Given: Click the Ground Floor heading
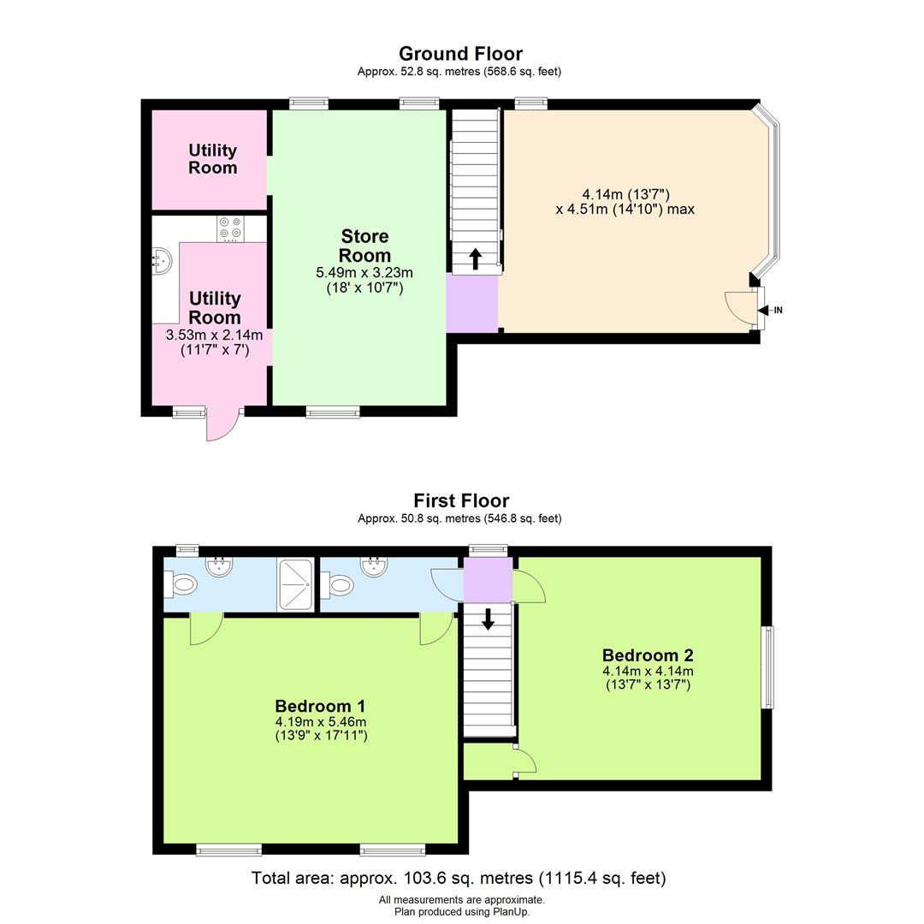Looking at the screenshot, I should tap(460, 55).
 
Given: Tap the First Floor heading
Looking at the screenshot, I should tap(461, 501).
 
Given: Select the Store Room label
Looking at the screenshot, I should tap(364, 246).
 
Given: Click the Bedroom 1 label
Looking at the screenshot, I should tap(320, 706).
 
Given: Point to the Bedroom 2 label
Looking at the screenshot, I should tap(648, 656).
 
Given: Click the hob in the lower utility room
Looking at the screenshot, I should tap(230, 228).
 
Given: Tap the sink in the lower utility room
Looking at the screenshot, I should tap(163, 258).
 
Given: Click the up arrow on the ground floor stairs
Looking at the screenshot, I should tap(476, 258).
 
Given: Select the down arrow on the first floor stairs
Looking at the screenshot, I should tap(488, 619).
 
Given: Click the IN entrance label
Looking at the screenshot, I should tap(778, 311).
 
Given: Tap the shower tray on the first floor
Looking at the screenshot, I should tap(296, 584).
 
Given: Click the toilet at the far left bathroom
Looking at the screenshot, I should tap(181, 584).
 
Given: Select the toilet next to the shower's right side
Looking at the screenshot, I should tap(338, 585).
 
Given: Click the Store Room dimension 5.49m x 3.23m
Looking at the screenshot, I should tap(364, 273).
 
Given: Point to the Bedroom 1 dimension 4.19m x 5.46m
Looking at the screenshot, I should tap(321, 722).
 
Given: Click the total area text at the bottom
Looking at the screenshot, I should tap(459, 878).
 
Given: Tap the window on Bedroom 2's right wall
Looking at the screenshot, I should tap(767, 667).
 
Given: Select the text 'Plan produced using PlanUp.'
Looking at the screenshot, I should tap(461, 911).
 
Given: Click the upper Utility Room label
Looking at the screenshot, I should tap(212, 159).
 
